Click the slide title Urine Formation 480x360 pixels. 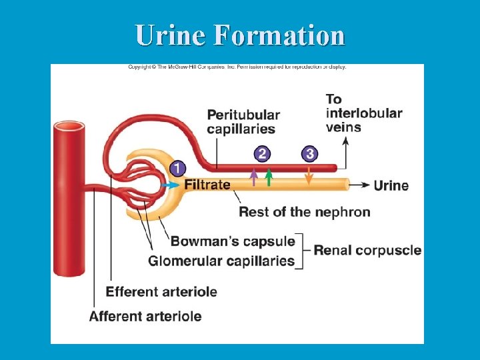point(240,35)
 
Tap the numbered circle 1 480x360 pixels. point(177,168)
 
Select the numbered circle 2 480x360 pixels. point(262,154)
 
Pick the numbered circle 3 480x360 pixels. point(309,154)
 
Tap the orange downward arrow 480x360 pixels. point(309,176)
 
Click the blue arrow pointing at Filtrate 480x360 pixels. point(171,185)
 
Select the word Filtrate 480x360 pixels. point(207,185)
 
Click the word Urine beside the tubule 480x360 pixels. point(391,185)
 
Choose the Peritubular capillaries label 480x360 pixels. point(243,122)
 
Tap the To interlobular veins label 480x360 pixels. point(363,113)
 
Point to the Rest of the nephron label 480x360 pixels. point(304,212)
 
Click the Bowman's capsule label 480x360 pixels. point(233,241)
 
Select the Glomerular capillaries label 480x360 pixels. point(221,261)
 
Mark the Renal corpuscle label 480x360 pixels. point(367,251)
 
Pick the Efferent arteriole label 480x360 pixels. point(161,291)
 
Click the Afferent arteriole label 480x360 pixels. point(145,315)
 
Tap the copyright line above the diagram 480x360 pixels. point(237,67)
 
